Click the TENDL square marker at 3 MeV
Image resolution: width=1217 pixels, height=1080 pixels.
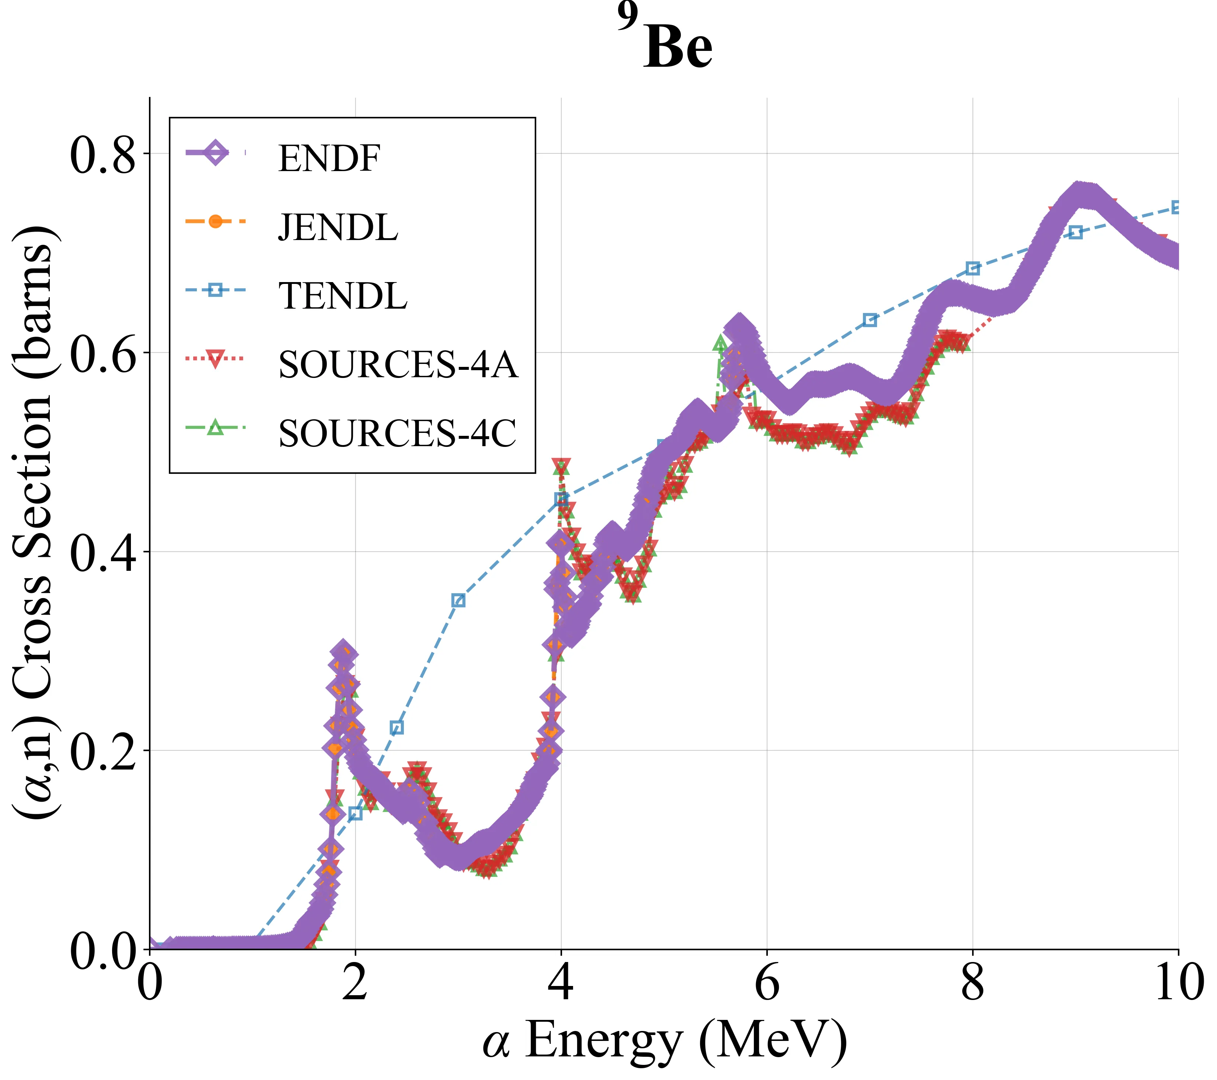click(x=458, y=600)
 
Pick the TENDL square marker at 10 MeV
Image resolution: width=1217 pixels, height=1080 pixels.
click(x=1177, y=207)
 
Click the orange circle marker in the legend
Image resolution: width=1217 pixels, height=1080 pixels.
click(x=215, y=222)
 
